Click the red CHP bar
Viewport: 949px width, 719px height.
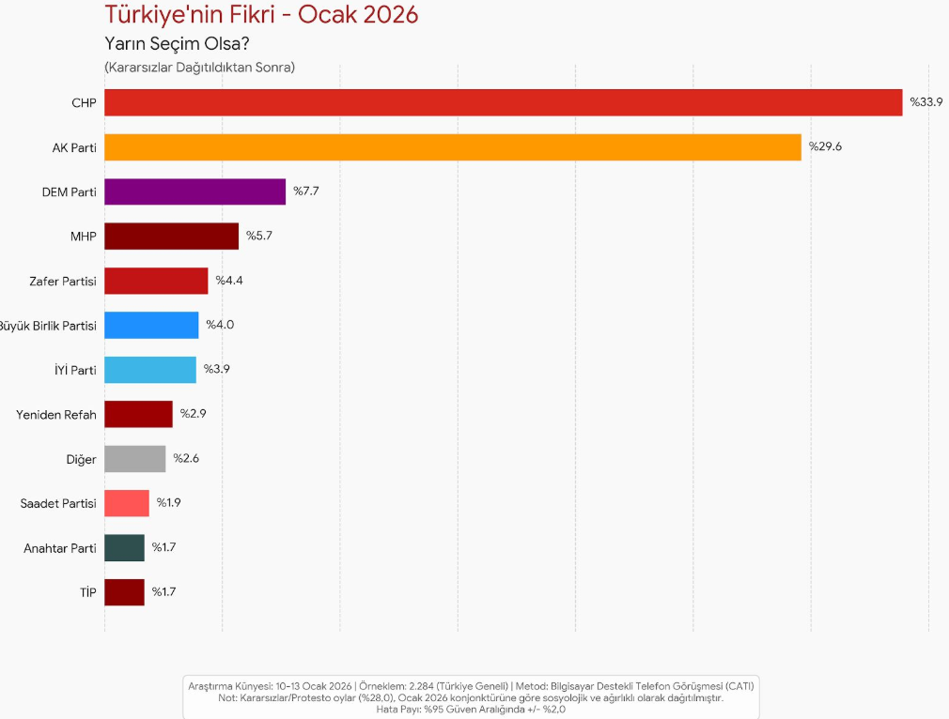[x=503, y=102]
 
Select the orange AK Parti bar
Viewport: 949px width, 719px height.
[x=452, y=147]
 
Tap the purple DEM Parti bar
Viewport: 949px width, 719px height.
[x=194, y=191]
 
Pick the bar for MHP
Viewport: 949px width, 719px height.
[x=171, y=237]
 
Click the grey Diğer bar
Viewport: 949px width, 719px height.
[x=134, y=459]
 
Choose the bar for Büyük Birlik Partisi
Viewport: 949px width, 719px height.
[x=151, y=325]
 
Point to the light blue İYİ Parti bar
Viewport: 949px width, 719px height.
[x=150, y=370]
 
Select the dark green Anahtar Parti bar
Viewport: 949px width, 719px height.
[x=124, y=548]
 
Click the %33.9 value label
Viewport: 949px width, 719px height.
[x=926, y=102]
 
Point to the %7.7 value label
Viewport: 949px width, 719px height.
[x=307, y=191]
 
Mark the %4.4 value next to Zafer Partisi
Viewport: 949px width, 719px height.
[x=230, y=281]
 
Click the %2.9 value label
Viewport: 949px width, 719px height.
[x=194, y=414]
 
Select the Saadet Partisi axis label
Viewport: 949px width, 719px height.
[x=58, y=504]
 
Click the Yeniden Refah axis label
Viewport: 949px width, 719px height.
[x=56, y=415]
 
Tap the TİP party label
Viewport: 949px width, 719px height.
[x=87, y=592]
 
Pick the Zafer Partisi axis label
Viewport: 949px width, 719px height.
[x=63, y=281]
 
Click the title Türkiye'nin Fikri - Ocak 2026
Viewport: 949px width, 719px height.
[x=261, y=15]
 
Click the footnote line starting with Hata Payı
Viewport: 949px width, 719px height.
[x=471, y=710]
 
